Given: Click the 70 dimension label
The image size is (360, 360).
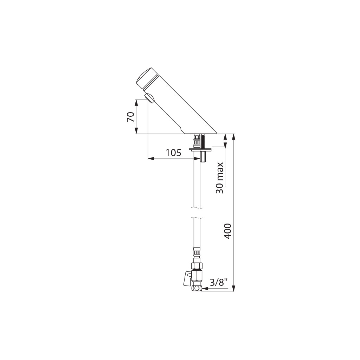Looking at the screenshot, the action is click(130, 117).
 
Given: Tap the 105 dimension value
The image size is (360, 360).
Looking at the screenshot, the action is click(174, 153).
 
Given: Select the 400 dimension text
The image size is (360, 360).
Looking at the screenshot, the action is click(227, 231).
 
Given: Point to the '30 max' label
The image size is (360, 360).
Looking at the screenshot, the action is click(219, 178).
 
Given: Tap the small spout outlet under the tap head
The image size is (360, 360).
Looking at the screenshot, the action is click(149, 98).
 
